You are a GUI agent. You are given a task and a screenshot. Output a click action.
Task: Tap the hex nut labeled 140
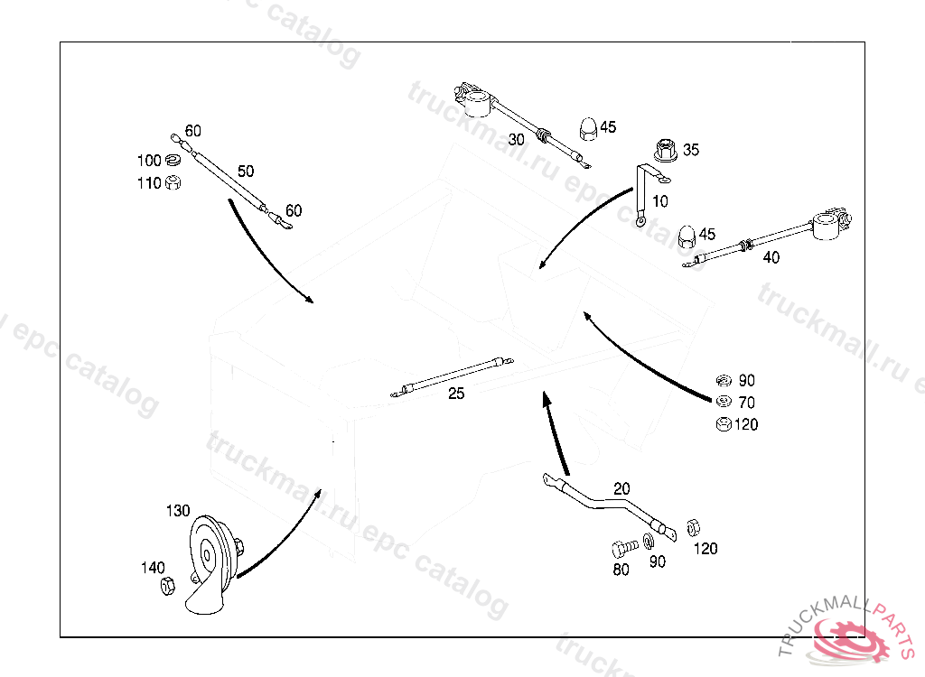(x=167, y=587)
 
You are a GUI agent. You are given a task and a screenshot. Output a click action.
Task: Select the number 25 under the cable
(x=456, y=394)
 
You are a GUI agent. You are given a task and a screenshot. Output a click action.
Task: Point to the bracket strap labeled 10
(x=645, y=193)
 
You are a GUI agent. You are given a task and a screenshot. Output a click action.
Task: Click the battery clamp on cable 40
(x=828, y=223)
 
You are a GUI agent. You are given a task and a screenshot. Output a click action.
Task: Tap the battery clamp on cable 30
(x=473, y=99)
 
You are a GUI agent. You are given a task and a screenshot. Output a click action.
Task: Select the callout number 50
(x=246, y=171)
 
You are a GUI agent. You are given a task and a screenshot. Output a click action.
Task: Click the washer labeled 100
(x=173, y=161)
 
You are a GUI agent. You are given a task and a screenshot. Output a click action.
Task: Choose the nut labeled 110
(x=174, y=182)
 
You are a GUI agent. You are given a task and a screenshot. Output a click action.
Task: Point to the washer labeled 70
(x=723, y=402)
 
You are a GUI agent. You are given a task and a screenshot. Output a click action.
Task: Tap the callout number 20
(x=621, y=488)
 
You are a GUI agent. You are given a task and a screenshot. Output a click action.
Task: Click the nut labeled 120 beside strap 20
(x=694, y=526)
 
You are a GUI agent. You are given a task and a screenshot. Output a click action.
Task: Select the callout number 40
(x=771, y=257)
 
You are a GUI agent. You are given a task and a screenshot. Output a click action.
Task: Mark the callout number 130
(x=178, y=511)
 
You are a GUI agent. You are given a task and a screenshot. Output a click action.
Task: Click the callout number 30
(x=516, y=139)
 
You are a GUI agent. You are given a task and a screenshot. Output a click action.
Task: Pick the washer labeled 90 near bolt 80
(x=650, y=544)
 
